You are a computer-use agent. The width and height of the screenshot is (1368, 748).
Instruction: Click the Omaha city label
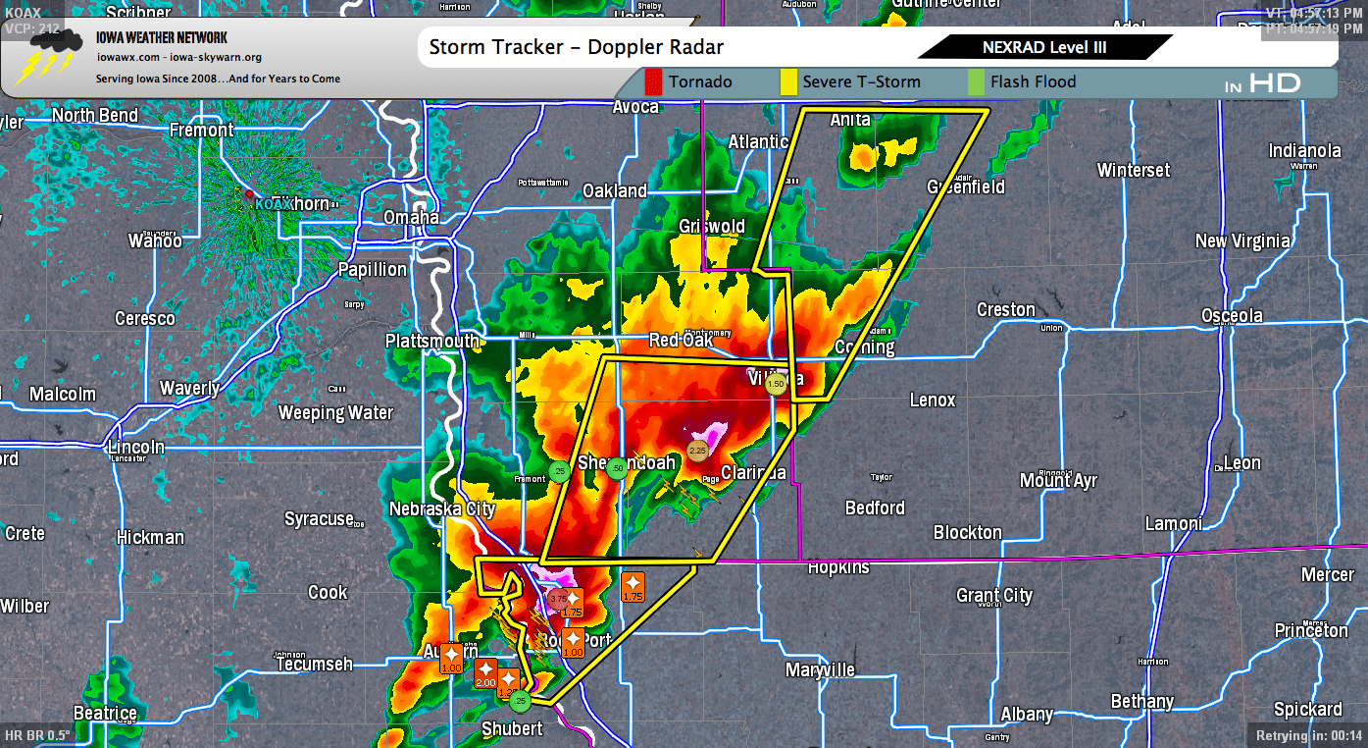(411, 217)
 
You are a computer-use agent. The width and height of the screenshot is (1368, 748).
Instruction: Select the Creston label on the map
(1005, 309)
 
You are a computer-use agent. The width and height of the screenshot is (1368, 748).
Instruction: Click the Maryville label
(820, 670)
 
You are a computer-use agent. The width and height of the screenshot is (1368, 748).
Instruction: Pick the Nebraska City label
(442, 508)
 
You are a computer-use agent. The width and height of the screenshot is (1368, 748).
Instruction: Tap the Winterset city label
(1133, 170)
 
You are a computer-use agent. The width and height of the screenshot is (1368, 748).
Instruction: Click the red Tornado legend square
(654, 81)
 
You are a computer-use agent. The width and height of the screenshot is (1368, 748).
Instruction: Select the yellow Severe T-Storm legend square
(787, 81)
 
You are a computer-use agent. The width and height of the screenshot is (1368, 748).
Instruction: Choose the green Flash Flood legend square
(976, 81)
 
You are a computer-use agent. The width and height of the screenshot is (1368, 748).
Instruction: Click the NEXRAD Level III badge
(1044, 47)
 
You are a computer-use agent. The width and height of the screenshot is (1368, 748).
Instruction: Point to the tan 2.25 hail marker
(697, 451)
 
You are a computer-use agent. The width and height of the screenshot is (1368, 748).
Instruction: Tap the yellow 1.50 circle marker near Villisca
(776, 384)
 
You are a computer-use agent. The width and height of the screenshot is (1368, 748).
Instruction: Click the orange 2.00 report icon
(485, 673)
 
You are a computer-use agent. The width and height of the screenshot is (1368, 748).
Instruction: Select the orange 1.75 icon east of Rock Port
(633, 587)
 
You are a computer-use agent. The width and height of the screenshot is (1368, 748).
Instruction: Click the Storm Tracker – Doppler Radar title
(577, 47)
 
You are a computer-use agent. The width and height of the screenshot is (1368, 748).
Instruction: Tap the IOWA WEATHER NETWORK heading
(162, 38)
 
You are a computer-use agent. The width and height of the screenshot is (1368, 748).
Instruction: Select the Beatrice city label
(105, 713)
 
